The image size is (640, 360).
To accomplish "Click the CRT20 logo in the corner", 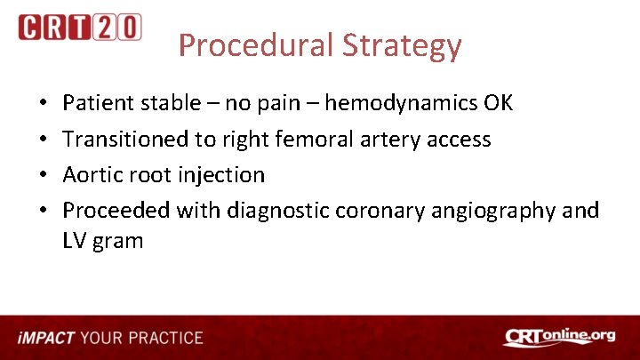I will click(79, 27).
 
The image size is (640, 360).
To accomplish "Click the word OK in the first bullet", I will click(498, 103).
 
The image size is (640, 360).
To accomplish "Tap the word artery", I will click(385, 139).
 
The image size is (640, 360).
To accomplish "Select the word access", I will click(458, 139).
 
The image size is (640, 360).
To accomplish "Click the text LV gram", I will click(103, 240).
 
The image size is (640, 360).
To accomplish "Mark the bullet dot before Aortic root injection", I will click(45, 175).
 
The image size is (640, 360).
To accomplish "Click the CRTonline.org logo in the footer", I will click(559, 337).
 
